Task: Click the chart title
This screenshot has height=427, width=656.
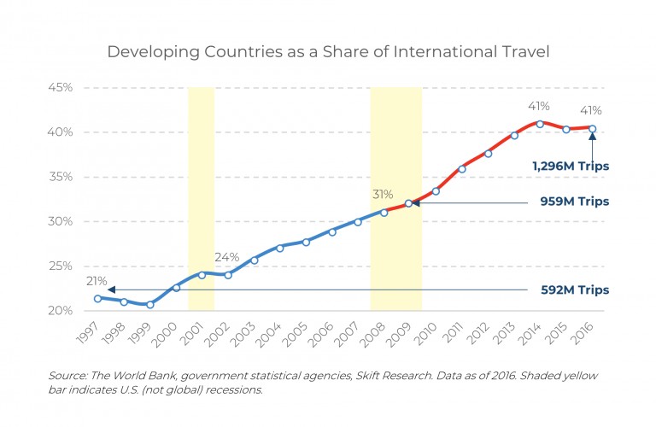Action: tap(328, 52)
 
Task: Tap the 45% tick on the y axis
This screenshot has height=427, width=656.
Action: tap(66, 88)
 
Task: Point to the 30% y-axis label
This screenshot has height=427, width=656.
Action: tap(66, 222)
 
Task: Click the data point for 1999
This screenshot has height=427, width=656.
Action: tap(149, 304)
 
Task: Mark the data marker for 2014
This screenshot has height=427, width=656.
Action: tap(540, 124)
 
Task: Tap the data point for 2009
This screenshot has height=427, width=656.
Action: tap(409, 203)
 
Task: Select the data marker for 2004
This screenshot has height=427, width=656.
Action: tap(279, 248)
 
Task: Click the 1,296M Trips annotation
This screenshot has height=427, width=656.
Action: tap(570, 167)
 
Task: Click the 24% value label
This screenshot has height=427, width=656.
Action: tap(226, 257)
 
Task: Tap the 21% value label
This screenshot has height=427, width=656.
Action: tap(97, 281)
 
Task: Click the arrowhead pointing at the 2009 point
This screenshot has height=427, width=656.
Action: tap(417, 203)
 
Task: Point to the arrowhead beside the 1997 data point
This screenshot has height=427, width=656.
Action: tap(111, 290)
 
